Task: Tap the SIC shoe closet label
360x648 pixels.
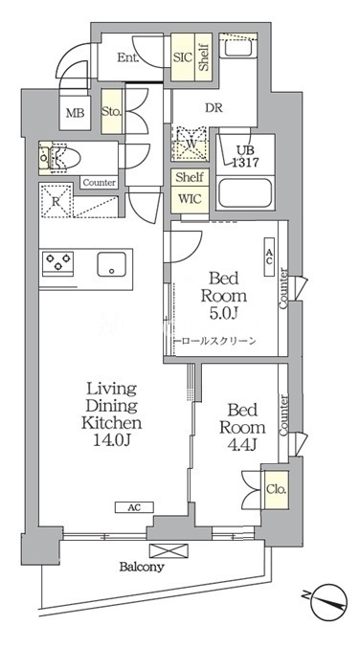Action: point(183,57)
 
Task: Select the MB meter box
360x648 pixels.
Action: point(76,112)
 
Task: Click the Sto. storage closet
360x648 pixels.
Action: point(112,112)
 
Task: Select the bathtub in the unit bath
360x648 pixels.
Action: point(245,193)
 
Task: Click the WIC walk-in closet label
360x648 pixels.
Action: point(190,198)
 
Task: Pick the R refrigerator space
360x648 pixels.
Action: point(56,201)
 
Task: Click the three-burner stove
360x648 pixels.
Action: point(57,263)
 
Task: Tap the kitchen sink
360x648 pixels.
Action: point(112,264)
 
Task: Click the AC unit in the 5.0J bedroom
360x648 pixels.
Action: point(269,257)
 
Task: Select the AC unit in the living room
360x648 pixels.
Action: point(134,507)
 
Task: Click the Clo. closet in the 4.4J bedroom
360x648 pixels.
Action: point(277,489)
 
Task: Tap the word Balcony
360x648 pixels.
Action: point(142,567)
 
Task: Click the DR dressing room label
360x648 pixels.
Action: point(214,108)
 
